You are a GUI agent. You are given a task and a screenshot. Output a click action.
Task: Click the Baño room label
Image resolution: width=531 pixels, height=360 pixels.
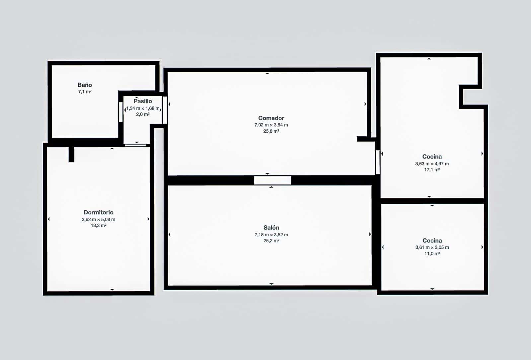click(85, 85)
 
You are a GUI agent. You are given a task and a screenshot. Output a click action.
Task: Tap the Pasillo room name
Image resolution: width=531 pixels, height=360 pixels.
click(143, 101)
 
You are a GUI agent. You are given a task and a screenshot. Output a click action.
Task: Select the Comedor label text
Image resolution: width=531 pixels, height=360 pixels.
click(271, 118)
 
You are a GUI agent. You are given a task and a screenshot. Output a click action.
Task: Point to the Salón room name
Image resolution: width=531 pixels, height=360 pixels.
click(271, 228)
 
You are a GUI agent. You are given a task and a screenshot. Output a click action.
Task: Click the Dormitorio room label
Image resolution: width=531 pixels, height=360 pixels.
click(98, 212)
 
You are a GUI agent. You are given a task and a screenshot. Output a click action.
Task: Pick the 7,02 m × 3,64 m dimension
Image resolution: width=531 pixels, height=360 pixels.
click(271, 125)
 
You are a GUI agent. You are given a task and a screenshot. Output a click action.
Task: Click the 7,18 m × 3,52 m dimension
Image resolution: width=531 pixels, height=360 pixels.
click(271, 235)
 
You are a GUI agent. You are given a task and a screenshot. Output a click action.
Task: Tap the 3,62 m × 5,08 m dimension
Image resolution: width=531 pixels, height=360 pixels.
click(98, 219)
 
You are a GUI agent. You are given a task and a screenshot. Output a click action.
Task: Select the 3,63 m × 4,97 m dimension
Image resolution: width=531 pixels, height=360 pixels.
click(432, 164)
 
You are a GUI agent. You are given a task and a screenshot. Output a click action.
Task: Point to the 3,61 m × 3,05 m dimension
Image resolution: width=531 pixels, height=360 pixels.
click(432, 247)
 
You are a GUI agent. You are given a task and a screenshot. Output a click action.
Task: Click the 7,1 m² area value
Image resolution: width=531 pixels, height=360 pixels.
click(85, 92)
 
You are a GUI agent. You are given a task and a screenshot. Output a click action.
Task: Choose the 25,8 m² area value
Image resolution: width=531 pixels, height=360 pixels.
click(271, 131)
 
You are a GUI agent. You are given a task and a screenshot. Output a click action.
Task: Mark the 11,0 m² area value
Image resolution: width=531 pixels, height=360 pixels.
click(432, 253)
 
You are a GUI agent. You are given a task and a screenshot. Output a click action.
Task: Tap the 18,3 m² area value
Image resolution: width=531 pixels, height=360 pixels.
click(98, 225)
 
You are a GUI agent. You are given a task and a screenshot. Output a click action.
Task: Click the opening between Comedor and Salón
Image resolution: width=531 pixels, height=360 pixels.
click(272, 180)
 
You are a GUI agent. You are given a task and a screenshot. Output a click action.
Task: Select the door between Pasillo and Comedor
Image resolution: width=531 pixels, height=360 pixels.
click(165, 110)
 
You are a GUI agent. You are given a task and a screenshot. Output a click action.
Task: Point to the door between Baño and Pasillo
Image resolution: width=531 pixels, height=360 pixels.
click(121, 112)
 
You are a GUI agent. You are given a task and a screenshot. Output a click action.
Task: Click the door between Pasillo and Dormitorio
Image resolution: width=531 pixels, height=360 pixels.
click(135, 145)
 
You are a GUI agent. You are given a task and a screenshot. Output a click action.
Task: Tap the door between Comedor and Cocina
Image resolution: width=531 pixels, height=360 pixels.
click(378, 162)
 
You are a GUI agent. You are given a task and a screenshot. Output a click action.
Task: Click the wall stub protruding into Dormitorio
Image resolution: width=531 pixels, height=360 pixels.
click(71, 154)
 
